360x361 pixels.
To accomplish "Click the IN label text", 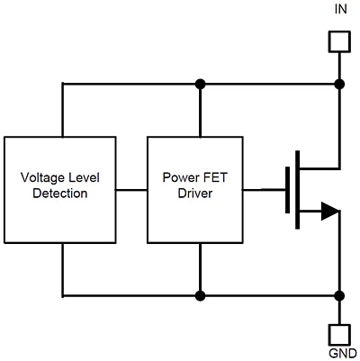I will pos(339,10).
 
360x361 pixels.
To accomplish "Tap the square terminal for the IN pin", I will pos(339,41).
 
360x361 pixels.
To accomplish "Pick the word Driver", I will pos(194,194).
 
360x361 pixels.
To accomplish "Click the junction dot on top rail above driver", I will pos(200,84).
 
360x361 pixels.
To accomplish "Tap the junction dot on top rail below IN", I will pos(339,84).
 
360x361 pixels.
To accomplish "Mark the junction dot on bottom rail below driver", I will pos(200,294).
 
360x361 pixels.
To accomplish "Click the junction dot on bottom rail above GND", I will pos(339,294).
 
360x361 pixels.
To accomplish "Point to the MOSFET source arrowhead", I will pos(329,212).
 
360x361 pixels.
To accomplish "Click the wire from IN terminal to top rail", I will pos(339,68).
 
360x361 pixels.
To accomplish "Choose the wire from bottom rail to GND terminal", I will pos(339,311).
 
